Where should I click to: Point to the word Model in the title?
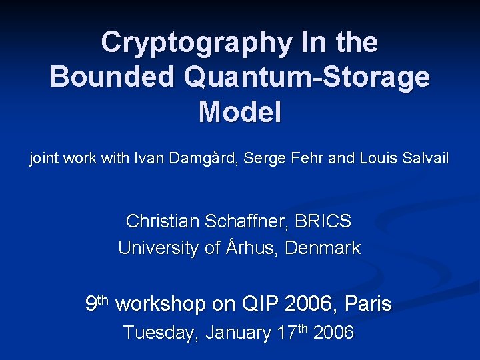pos(239,111)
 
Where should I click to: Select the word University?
pos(158,248)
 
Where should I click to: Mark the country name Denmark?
pos(323,248)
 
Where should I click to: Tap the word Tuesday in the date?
pos(161,333)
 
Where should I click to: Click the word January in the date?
pos(237,333)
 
